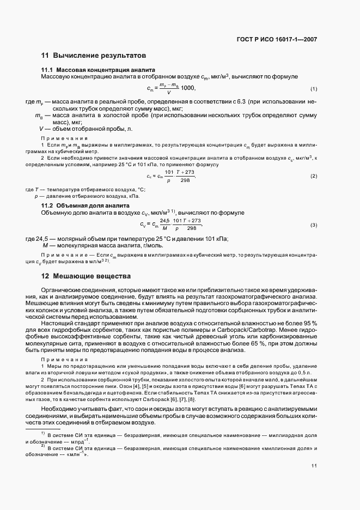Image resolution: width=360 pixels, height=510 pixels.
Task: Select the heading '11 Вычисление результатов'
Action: (93, 56)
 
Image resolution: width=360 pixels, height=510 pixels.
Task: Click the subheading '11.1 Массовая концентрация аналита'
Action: (99, 70)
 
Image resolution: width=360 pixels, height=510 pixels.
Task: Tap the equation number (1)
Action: (314, 89)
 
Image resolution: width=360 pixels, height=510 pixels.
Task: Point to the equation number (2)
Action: (314, 176)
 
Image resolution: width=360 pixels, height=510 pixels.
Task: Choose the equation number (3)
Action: (314, 225)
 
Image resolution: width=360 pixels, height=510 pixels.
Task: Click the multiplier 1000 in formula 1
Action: (187, 88)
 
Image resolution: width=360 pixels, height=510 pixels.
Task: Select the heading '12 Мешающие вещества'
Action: (86, 277)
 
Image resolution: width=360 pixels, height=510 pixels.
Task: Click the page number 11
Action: (314, 466)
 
